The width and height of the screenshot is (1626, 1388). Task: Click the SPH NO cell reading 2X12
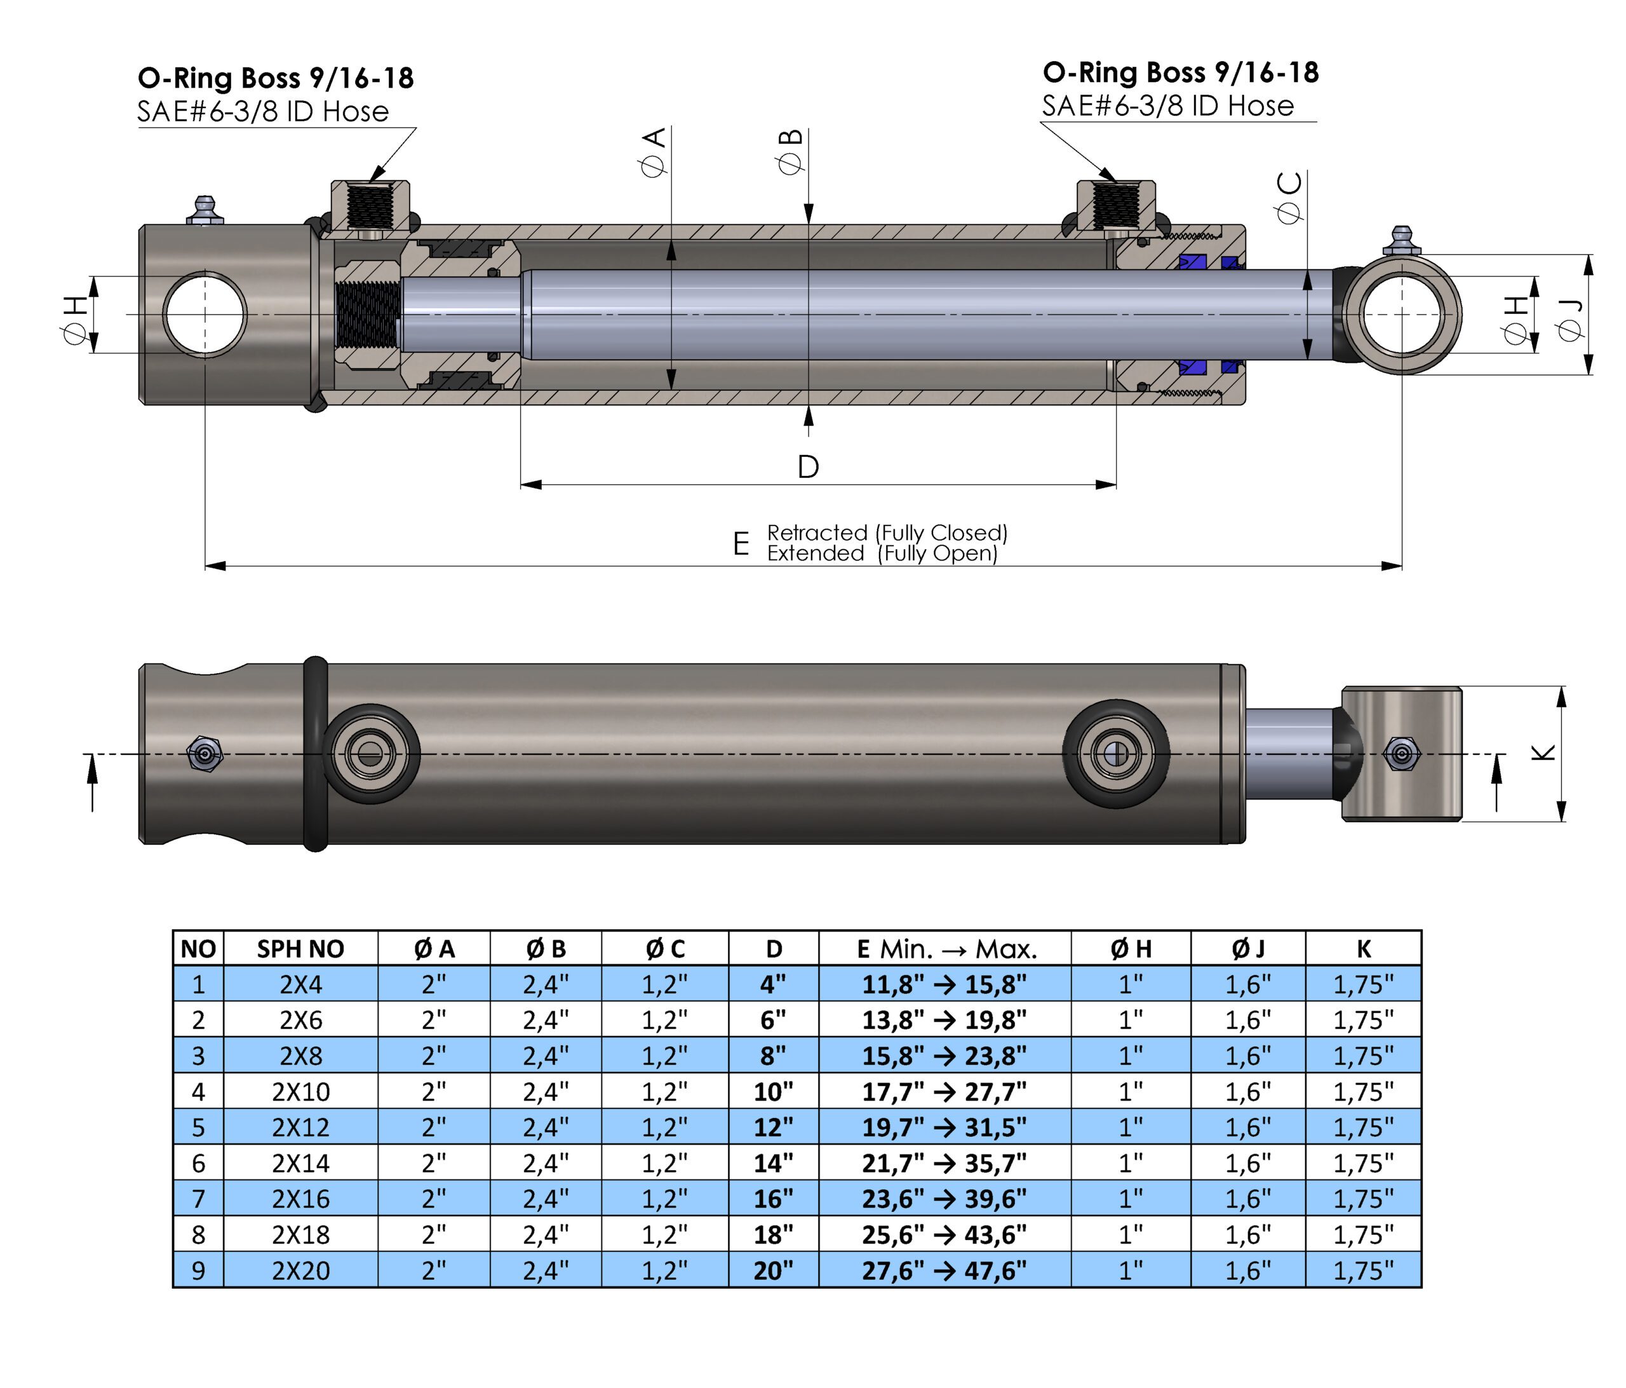[x=300, y=1127]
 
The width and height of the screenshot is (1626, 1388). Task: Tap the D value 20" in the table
[x=773, y=1270]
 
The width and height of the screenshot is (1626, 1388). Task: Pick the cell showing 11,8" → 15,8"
[x=945, y=984]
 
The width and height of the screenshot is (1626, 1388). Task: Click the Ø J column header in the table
[x=1247, y=949]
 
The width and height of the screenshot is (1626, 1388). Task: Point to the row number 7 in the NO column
[x=199, y=1199]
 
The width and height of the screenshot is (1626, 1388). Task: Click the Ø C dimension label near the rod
[x=1289, y=197]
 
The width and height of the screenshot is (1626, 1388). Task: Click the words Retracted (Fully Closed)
[x=887, y=533]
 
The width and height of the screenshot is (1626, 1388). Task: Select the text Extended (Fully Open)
[x=882, y=554]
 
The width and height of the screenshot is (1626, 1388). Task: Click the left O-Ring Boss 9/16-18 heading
[x=276, y=78]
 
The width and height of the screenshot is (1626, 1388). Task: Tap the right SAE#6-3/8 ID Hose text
[x=1167, y=106]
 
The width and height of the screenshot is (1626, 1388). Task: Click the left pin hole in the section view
[x=205, y=315]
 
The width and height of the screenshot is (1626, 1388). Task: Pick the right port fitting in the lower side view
[x=1116, y=754]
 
